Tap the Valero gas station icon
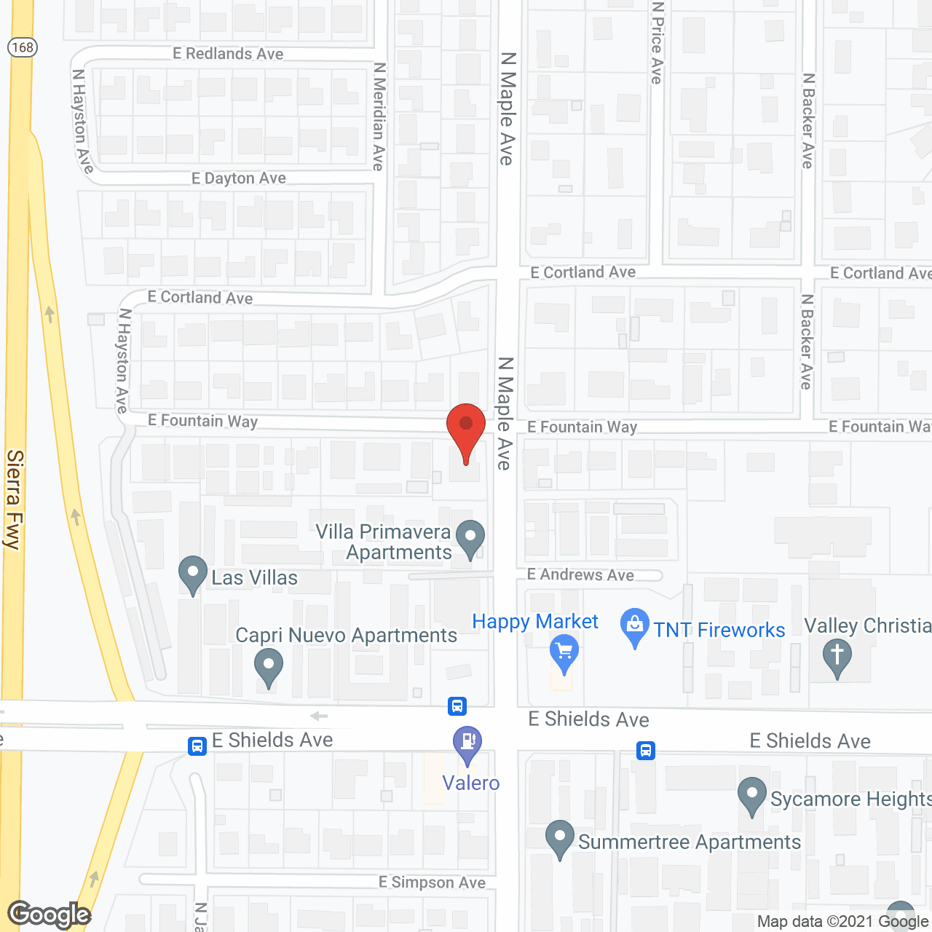[467, 742]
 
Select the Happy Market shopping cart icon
[564, 649]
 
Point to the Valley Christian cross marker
[837, 655]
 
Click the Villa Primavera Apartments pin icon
[470, 539]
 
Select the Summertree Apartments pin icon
[559, 837]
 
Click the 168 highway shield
[23, 47]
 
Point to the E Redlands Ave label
[228, 54]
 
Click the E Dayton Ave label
[239, 178]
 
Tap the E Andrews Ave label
[580, 575]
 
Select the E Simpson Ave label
[432, 882]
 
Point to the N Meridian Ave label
[379, 116]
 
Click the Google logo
[50, 915]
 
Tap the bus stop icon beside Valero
[457, 706]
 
